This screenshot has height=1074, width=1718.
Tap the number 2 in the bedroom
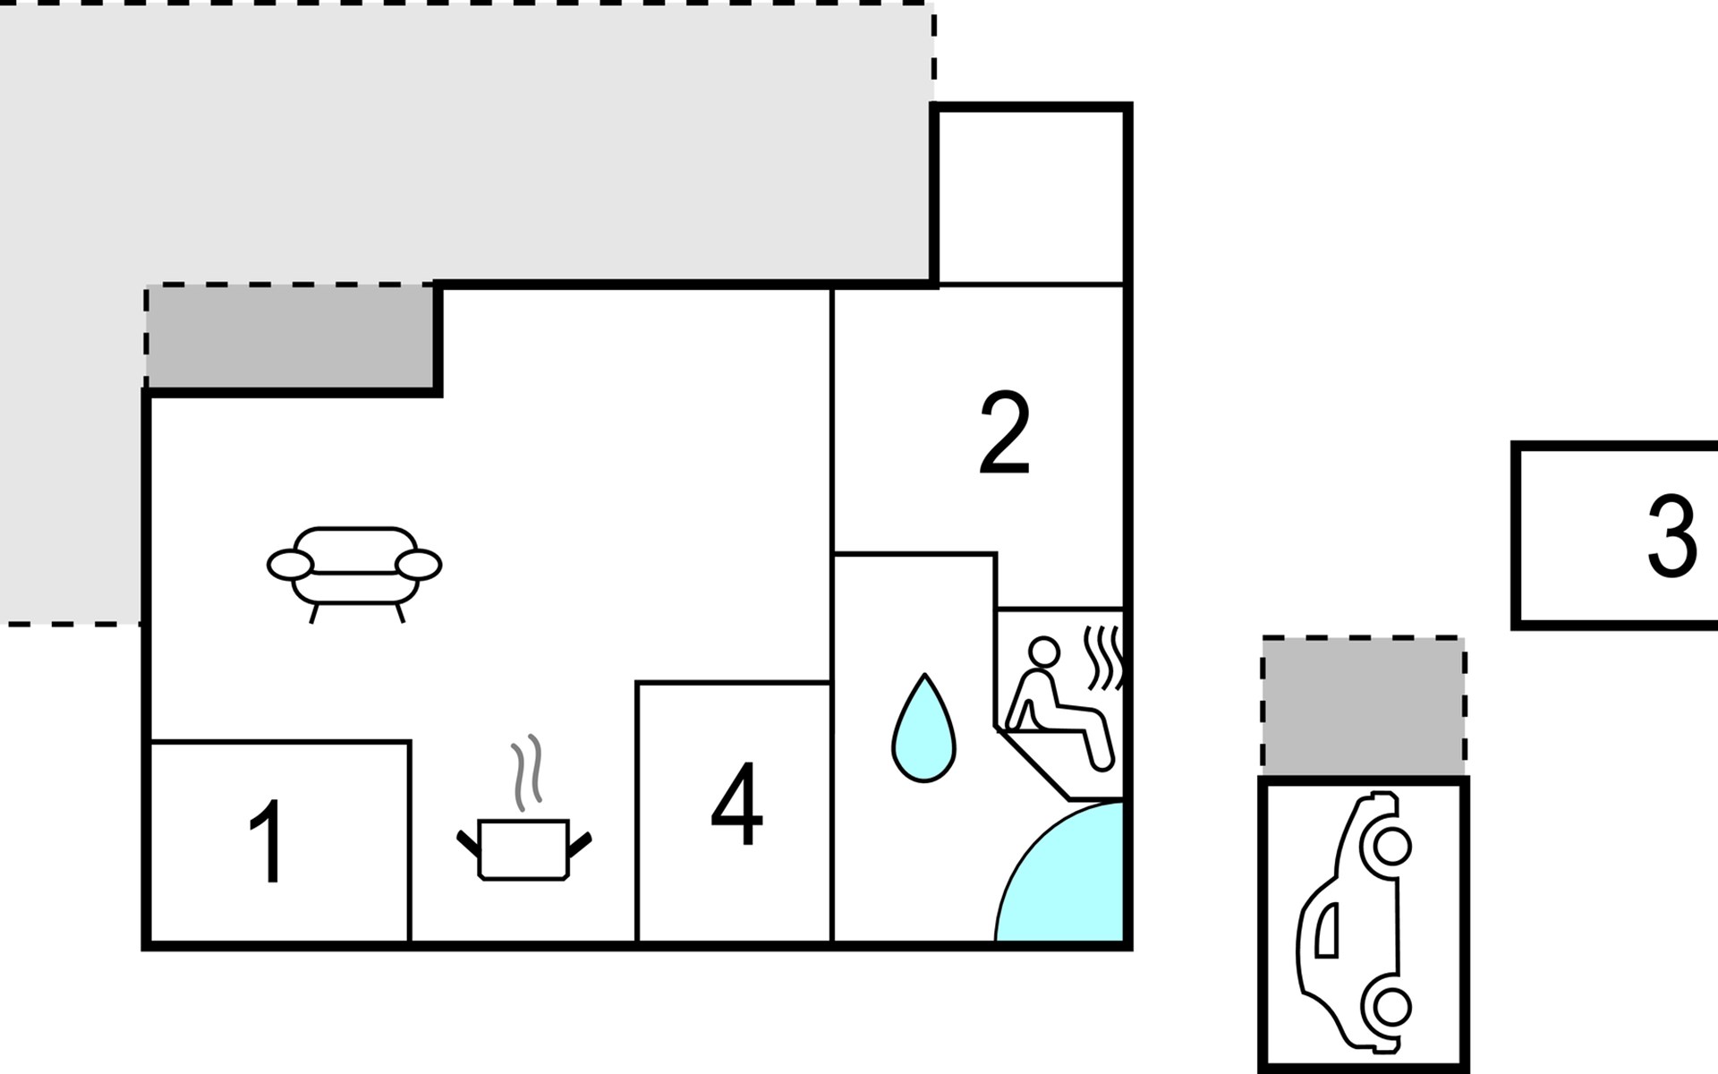click(x=1005, y=433)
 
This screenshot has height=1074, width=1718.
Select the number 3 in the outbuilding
click(x=1672, y=535)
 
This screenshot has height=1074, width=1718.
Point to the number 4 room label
click(x=736, y=803)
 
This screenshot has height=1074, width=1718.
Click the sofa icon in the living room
click(x=354, y=574)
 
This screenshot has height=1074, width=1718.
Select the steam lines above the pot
click(x=527, y=772)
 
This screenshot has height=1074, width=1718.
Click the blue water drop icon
click(x=924, y=729)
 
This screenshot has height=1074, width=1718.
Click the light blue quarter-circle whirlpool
click(x=1060, y=872)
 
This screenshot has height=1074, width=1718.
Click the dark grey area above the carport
click(x=1364, y=706)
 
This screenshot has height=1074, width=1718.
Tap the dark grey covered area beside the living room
click(x=290, y=337)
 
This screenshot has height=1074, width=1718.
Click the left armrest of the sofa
click(x=290, y=566)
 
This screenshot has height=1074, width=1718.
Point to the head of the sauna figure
click(x=1042, y=651)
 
